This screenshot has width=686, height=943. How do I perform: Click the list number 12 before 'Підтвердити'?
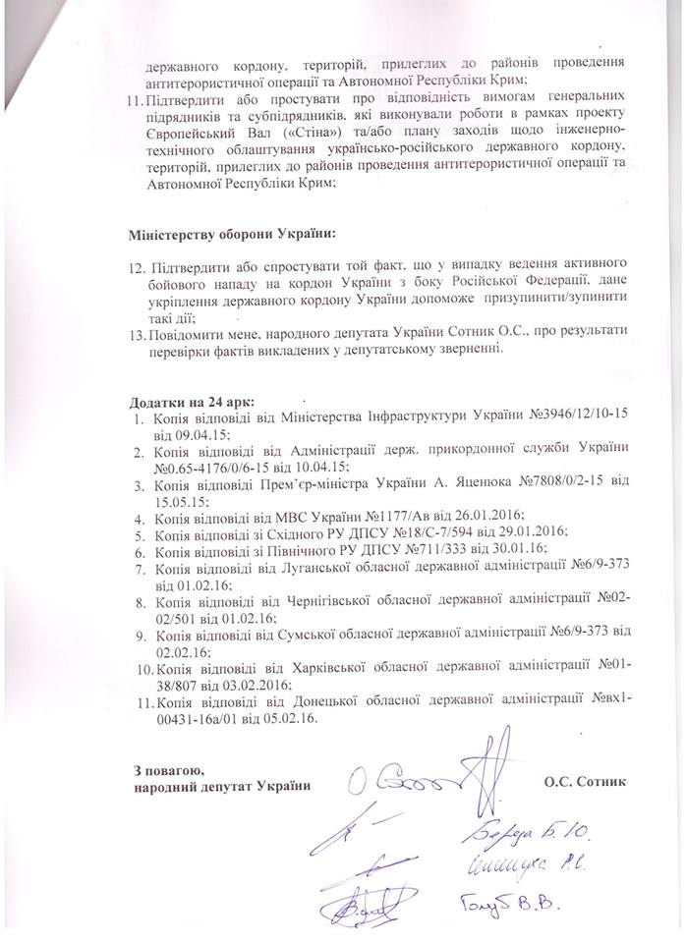[x=139, y=267]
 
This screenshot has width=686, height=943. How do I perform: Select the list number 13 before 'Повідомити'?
[x=139, y=335]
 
